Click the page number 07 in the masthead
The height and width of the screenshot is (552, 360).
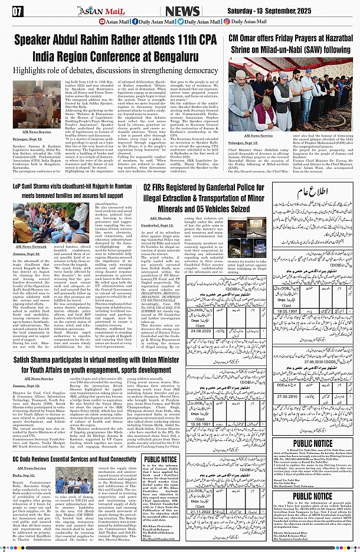18,11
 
